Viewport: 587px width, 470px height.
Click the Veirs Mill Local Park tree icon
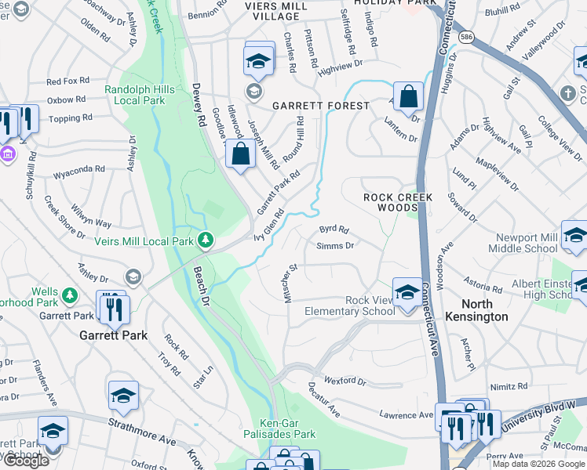[205, 240]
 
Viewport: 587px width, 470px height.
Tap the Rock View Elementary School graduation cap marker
[407, 292]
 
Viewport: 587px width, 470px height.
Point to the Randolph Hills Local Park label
[135, 96]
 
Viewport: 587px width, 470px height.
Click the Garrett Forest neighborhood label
[320, 106]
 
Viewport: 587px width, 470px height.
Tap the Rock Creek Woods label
[398, 203]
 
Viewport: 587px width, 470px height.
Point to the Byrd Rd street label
[334, 230]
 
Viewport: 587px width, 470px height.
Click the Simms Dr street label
[335, 246]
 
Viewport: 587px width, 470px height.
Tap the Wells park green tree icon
[70, 295]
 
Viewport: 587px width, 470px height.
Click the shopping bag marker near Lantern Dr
[408, 97]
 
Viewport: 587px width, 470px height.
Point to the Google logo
[25, 461]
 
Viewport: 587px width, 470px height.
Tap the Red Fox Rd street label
[68, 81]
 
